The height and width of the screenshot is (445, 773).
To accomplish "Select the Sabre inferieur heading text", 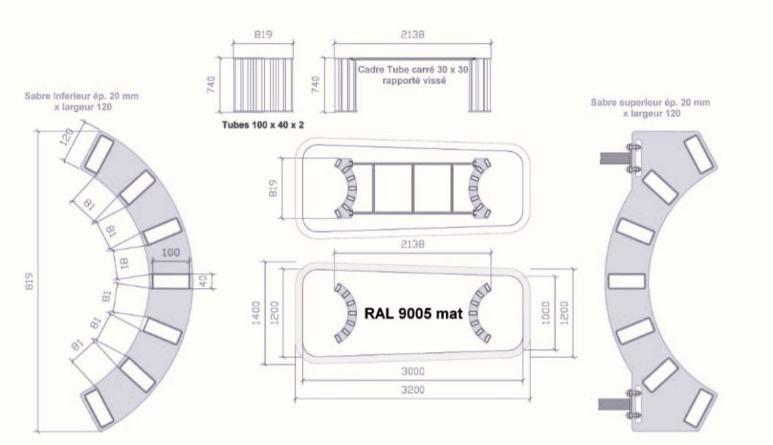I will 79,97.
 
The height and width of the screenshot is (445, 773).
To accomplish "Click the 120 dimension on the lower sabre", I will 66,137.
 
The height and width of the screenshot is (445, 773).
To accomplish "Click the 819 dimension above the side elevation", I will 262,34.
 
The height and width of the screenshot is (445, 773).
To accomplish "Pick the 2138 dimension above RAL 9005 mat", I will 413,245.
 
